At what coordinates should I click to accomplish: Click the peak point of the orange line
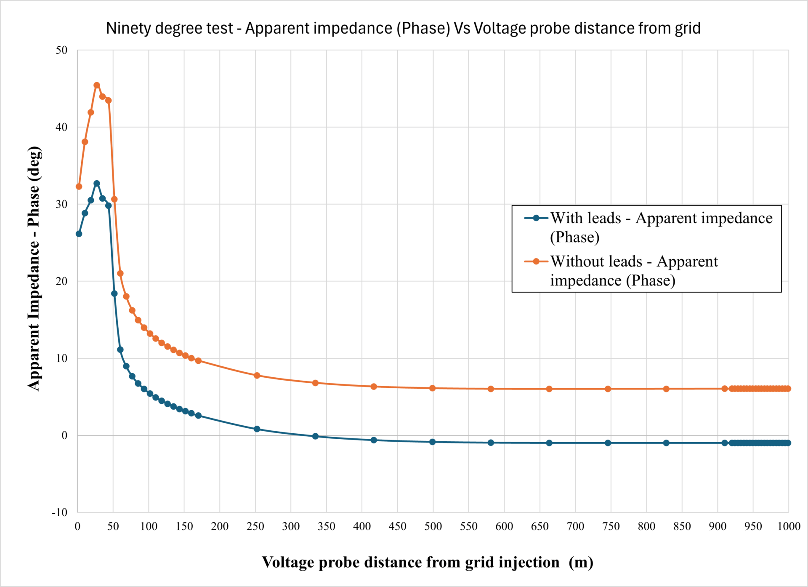click(x=96, y=85)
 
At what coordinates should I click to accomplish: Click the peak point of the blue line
click(x=96, y=184)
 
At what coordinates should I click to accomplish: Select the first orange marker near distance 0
click(x=79, y=187)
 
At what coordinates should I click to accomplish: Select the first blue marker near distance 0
click(x=79, y=234)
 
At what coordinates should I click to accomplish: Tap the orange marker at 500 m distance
click(x=432, y=388)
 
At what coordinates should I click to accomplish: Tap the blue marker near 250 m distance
click(x=257, y=429)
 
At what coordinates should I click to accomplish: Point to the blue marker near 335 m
click(x=315, y=436)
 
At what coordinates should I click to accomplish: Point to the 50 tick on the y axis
click(x=61, y=50)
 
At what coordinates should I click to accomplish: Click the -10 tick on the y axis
click(x=59, y=512)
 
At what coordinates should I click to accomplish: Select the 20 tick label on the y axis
click(x=61, y=281)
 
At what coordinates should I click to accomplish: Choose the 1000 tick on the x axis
click(x=789, y=526)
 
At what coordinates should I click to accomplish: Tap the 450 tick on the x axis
click(x=397, y=526)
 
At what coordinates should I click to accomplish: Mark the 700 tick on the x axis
click(x=575, y=526)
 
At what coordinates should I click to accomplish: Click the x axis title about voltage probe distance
click(x=427, y=563)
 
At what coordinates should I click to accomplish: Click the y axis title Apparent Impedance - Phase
click(x=34, y=268)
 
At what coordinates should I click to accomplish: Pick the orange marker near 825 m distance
click(x=666, y=389)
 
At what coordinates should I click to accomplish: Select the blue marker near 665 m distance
click(x=549, y=443)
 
